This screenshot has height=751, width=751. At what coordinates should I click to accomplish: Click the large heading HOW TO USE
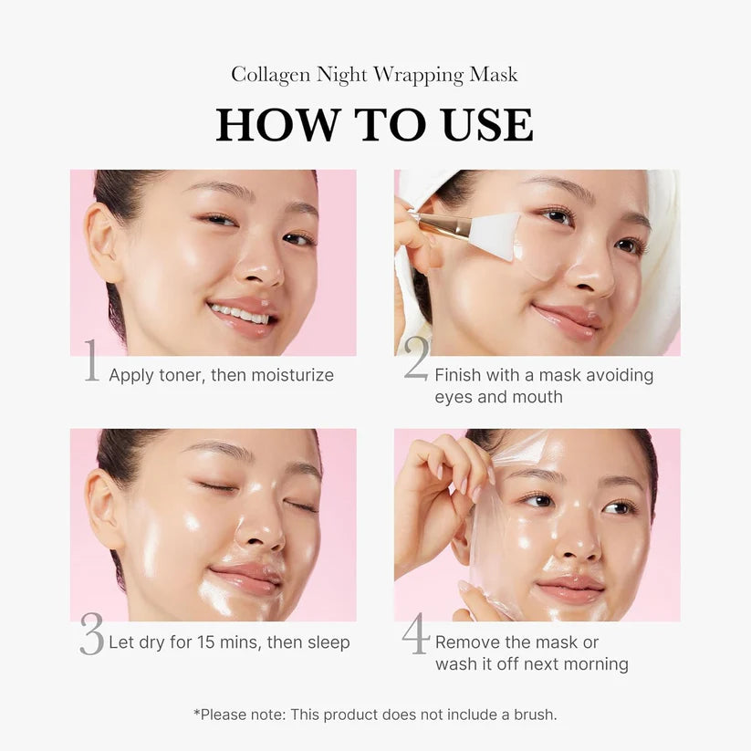374,125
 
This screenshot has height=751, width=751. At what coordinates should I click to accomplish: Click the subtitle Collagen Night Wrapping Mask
374,75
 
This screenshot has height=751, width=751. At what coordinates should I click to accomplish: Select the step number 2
416,361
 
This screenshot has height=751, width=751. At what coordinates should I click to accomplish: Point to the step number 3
91,634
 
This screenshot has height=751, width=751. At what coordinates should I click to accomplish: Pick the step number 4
416,634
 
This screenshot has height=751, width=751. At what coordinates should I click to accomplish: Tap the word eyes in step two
454,397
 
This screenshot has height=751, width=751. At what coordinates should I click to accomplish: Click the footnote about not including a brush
374,714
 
